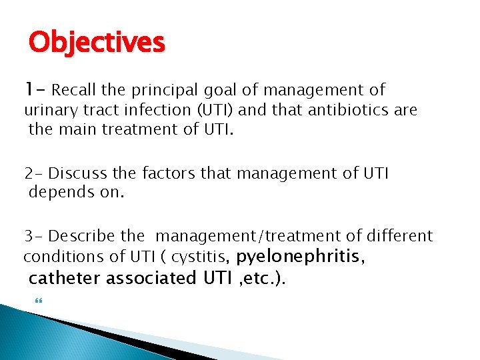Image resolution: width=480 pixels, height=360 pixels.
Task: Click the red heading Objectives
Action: [x=96, y=43]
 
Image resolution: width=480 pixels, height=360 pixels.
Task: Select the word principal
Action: [x=166, y=90]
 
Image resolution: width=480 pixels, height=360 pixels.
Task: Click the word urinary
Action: [x=49, y=109]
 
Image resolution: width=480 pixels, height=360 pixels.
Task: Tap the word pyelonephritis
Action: [x=301, y=256]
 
